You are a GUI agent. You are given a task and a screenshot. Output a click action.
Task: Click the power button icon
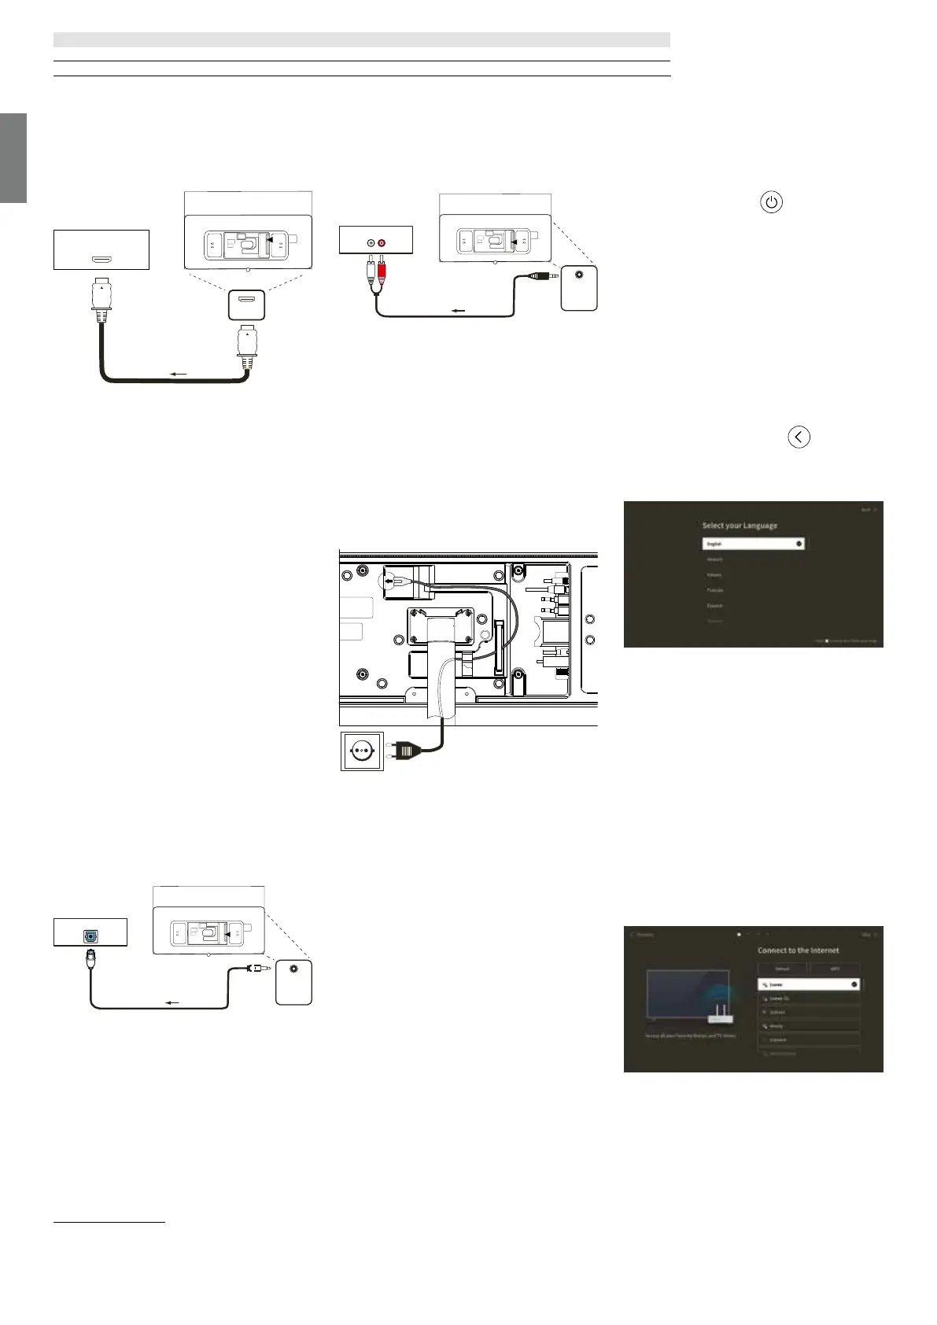tap(772, 202)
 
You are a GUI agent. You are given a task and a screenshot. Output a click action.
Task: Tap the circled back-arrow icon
tap(799, 437)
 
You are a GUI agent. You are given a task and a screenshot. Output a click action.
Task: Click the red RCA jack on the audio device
tap(382, 242)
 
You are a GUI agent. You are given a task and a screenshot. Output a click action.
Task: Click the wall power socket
tap(362, 751)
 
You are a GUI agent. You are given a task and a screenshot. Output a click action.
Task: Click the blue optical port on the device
tap(91, 937)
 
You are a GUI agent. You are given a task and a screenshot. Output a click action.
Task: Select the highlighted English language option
tap(753, 544)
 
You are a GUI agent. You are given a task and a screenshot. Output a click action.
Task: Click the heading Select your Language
tap(740, 526)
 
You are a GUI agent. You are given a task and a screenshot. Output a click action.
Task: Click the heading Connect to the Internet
tap(798, 950)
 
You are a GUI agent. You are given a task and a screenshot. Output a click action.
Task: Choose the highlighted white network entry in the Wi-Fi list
tap(808, 984)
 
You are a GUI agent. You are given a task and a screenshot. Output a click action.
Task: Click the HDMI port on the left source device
tap(101, 258)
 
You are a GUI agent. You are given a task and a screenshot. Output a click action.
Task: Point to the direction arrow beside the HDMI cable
tap(179, 374)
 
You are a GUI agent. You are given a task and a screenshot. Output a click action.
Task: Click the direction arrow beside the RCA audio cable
tap(456, 310)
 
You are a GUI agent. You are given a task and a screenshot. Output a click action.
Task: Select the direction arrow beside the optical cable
tap(172, 1002)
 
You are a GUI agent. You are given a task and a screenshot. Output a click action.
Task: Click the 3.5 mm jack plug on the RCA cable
tap(541, 276)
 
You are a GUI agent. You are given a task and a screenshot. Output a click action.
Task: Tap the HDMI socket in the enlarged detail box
tap(246, 300)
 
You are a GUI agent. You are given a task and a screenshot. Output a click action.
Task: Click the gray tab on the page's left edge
tap(13, 158)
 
